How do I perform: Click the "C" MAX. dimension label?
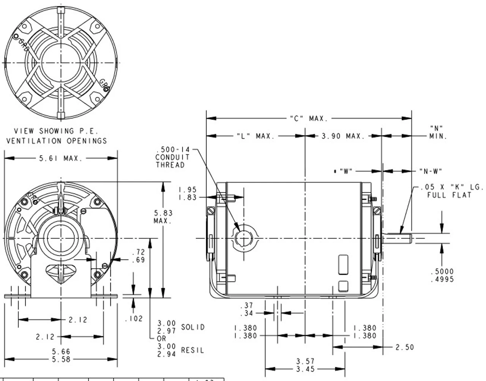pyautogui.click(x=308, y=119)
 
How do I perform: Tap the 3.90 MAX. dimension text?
pyautogui.click(x=342, y=136)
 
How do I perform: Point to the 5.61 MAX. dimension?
pyautogui.click(x=61, y=158)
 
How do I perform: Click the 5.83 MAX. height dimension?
pyautogui.click(x=163, y=217)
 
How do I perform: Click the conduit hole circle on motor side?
pyautogui.click(x=243, y=238)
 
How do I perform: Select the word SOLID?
pyautogui.click(x=193, y=327)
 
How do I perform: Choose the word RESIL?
pyautogui.click(x=193, y=350)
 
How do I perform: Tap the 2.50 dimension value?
pyautogui.click(x=404, y=347)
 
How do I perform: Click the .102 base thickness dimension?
pyautogui.click(x=134, y=319)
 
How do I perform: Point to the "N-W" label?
pyautogui.click(x=431, y=171)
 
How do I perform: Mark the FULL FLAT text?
pyautogui.click(x=449, y=195)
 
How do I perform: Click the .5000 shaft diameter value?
pyautogui.click(x=442, y=272)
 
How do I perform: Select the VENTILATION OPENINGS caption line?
pyautogui.click(x=57, y=141)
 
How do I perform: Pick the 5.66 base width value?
pyautogui.click(x=61, y=352)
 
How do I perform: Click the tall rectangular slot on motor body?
pyautogui.click(x=343, y=264)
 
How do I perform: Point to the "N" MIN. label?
pyautogui.click(x=437, y=132)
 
